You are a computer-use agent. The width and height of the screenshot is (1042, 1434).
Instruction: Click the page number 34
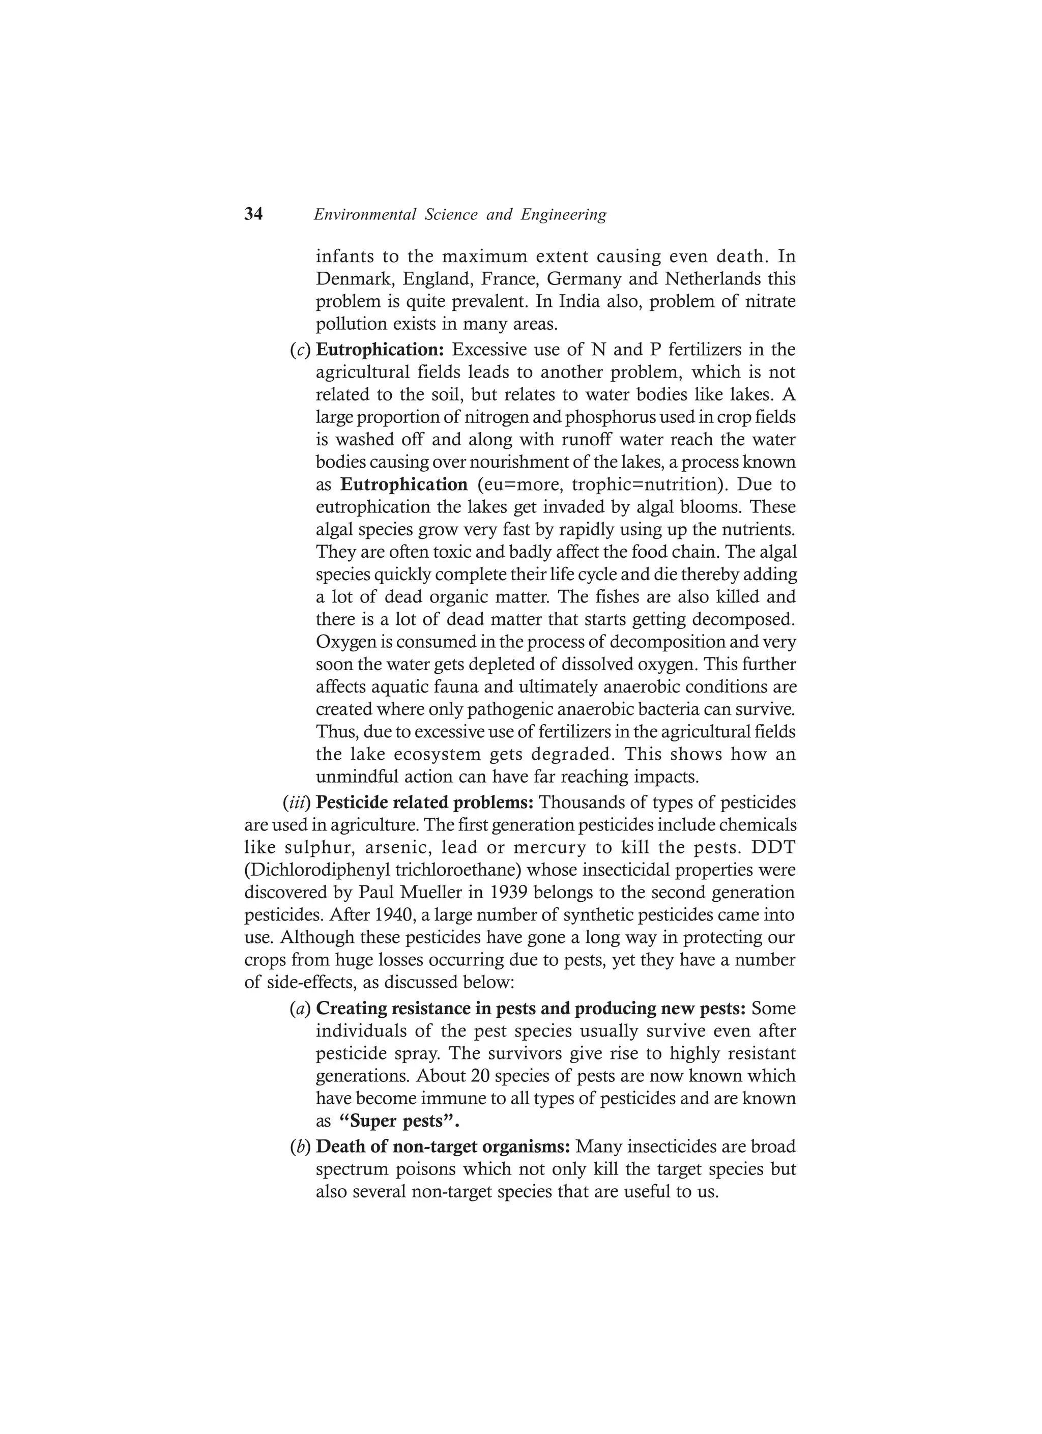[x=253, y=214]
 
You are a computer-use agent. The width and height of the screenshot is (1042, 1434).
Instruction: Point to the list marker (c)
[x=300, y=350]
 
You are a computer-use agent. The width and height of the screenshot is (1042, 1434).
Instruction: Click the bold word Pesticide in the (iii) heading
[x=352, y=803]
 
